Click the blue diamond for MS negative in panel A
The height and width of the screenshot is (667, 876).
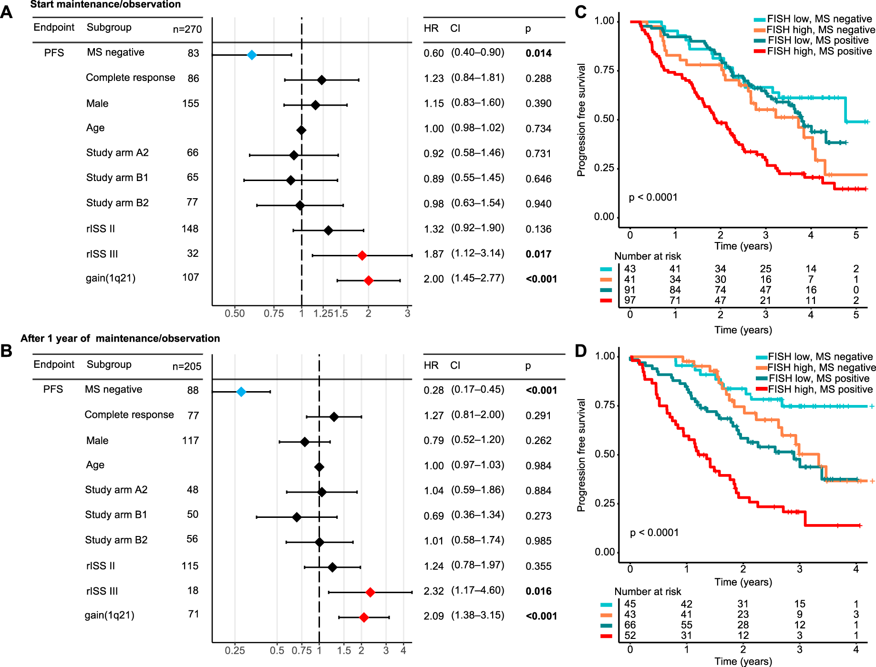(252, 55)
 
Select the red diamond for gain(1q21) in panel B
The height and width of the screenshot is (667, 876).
(364, 617)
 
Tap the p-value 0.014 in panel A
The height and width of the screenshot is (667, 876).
(538, 53)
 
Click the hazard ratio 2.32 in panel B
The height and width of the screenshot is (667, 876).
(433, 591)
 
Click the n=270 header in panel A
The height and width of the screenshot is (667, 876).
(187, 29)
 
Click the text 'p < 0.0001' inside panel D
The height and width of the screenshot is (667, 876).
(654, 533)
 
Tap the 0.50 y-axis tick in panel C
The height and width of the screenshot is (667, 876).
(604, 119)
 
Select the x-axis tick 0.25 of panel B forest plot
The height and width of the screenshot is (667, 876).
(235, 650)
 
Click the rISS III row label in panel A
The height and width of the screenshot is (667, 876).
(102, 254)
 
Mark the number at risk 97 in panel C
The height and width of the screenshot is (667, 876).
(630, 301)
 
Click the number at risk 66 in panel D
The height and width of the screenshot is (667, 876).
(630, 625)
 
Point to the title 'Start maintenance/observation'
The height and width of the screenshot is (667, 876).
(105, 5)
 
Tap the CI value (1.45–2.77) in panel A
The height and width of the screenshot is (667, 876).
(477, 278)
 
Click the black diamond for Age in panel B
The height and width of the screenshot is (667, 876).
(319, 467)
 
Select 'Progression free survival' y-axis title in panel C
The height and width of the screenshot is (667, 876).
(581, 120)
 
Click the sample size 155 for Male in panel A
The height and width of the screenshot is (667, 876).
(190, 103)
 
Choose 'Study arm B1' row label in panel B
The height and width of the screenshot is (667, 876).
(116, 515)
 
